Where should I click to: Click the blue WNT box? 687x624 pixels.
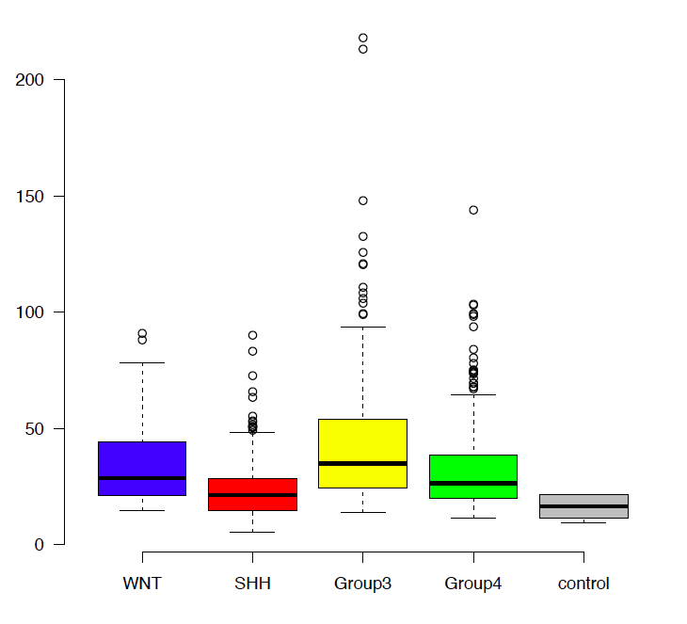click(x=142, y=468)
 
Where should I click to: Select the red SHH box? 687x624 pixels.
click(x=252, y=494)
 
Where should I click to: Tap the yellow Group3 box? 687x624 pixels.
click(x=362, y=453)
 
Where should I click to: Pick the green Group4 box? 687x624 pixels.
click(x=472, y=476)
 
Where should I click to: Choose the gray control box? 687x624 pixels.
click(x=583, y=506)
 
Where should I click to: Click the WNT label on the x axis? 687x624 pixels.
click(x=142, y=584)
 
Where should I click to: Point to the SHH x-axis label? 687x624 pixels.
click(x=252, y=584)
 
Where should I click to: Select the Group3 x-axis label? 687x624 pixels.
click(x=362, y=584)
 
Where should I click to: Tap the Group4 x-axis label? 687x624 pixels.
click(x=472, y=584)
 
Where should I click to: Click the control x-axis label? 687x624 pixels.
click(x=583, y=584)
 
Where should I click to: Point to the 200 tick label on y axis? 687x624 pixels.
click(x=30, y=80)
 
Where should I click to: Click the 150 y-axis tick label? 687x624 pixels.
click(x=30, y=196)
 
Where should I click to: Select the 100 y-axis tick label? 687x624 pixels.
click(x=30, y=312)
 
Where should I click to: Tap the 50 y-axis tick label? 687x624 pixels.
click(x=35, y=428)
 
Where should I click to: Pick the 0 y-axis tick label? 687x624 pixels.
click(x=39, y=544)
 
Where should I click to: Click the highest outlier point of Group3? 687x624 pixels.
click(x=362, y=39)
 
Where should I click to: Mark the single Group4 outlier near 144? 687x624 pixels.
click(x=473, y=210)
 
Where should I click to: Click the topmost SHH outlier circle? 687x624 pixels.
click(x=252, y=335)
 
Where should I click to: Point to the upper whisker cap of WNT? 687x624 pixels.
click(x=142, y=362)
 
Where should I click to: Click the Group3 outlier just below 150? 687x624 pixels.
click(x=362, y=200)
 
